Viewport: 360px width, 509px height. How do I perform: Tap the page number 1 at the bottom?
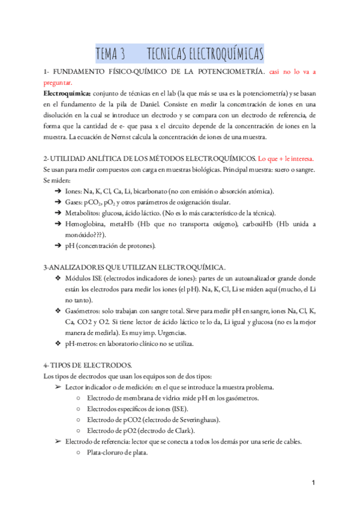[x=314, y=483]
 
